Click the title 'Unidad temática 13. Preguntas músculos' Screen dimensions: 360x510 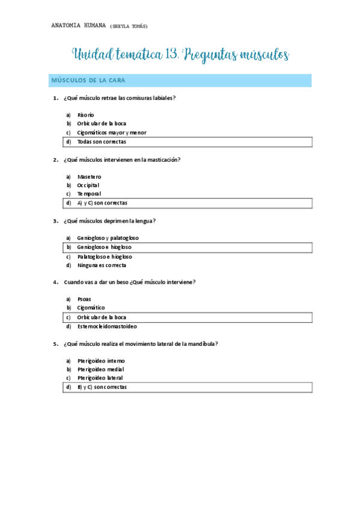180,55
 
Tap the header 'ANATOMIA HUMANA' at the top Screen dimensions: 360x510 78,26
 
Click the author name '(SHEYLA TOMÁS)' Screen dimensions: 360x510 129,26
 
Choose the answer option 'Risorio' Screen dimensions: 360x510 86,114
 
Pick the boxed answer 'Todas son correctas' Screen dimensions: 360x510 102,142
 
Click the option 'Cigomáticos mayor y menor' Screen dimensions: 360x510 112,132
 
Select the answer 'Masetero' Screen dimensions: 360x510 89,176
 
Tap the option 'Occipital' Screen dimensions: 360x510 88,185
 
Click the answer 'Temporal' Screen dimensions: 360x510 89,194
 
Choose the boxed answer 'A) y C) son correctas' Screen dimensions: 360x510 102,203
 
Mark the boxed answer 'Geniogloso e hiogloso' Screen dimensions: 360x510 104,247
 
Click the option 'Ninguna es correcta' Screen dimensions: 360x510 102,265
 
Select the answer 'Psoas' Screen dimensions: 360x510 84,299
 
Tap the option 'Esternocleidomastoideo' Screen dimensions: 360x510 107,326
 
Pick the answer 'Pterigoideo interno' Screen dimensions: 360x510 101,361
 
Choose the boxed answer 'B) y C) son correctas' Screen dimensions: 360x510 102,387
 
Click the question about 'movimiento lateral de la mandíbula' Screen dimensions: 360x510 140,344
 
